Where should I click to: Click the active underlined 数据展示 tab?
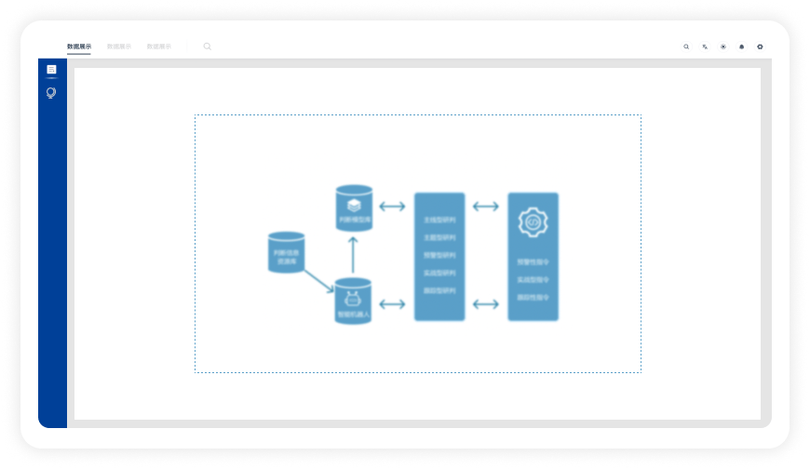(x=79, y=46)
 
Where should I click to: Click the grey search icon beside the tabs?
(x=207, y=46)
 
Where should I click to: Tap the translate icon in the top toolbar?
(x=705, y=47)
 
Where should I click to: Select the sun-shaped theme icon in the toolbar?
(x=723, y=47)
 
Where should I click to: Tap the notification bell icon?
(x=742, y=47)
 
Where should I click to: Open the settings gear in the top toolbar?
(x=760, y=47)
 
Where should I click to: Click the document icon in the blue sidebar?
(x=51, y=70)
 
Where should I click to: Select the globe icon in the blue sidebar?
(x=51, y=93)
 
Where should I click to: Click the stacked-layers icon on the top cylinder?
(x=354, y=205)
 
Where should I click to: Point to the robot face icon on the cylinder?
(x=353, y=299)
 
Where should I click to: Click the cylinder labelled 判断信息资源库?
(x=287, y=252)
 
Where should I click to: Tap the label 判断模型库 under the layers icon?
(x=354, y=221)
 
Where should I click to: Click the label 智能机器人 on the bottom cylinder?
(x=353, y=315)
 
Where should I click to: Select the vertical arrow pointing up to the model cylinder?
(x=353, y=254)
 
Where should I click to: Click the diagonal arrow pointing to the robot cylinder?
(x=318, y=281)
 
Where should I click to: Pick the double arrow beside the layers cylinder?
(x=393, y=207)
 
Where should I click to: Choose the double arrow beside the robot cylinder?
(x=393, y=303)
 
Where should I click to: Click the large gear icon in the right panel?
(x=533, y=222)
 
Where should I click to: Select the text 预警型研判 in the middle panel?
(x=439, y=255)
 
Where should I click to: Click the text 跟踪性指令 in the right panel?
(x=533, y=297)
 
